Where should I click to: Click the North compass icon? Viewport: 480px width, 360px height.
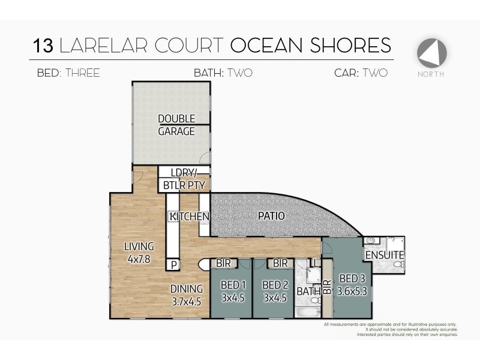(432, 53)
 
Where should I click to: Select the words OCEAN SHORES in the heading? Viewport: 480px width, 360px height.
(311, 45)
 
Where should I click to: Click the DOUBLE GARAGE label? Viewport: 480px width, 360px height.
(176, 125)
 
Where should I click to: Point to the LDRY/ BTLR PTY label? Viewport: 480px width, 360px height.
(184, 179)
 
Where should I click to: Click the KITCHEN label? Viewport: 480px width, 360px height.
(189, 216)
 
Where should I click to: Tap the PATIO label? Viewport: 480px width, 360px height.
(271, 215)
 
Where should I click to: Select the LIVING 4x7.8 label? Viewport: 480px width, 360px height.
(139, 253)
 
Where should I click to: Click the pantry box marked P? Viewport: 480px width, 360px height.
(174, 264)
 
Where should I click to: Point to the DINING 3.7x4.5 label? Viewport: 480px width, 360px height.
(186, 295)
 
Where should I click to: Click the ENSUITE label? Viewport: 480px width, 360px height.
(385, 255)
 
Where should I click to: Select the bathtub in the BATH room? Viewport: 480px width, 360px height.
(307, 311)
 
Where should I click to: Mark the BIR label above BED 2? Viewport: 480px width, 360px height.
(280, 263)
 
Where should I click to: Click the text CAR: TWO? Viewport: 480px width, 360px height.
(361, 74)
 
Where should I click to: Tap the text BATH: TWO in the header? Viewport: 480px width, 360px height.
(223, 74)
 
